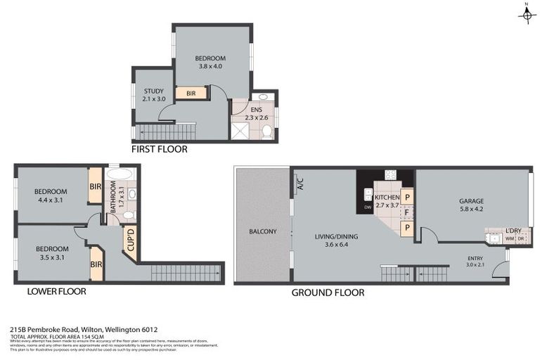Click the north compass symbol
click(x=526, y=15)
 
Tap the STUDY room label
click(x=153, y=95)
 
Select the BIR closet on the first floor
click(x=191, y=93)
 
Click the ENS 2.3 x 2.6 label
click(x=252, y=112)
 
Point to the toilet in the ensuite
click(x=265, y=130)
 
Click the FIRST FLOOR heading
click(x=160, y=149)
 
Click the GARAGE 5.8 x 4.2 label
click(x=472, y=205)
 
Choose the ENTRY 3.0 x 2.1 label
click(x=475, y=262)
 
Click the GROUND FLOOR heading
click(x=328, y=292)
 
